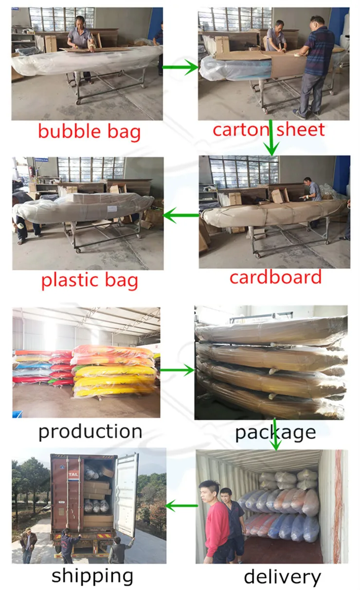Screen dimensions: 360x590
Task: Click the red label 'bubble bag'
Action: pyautogui.click(x=89, y=132)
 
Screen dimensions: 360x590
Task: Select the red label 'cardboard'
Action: pyautogui.click(x=275, y=277)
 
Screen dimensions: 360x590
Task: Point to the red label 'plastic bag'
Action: pyautogui.click(x=90, y=281)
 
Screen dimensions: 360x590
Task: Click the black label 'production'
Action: pyautogui.click(x=90, y=431)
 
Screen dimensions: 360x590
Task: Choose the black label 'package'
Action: pyautogui.click(x=275, y=432)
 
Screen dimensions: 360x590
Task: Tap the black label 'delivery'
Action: pyautogui.click(x=282, y=577)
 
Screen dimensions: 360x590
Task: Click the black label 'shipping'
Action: pyautogui.click(x=92, y=575)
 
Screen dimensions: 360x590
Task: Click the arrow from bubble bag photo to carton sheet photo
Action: pyautogui.click(x=180, y=68)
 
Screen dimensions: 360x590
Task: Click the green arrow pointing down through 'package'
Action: pyautogui.click(x=276, y=433)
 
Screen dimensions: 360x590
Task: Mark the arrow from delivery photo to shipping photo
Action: pyautogui.click(x=181, y=506)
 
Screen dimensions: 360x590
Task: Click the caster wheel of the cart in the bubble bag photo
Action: pyautogui.click(x=78, y=101)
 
